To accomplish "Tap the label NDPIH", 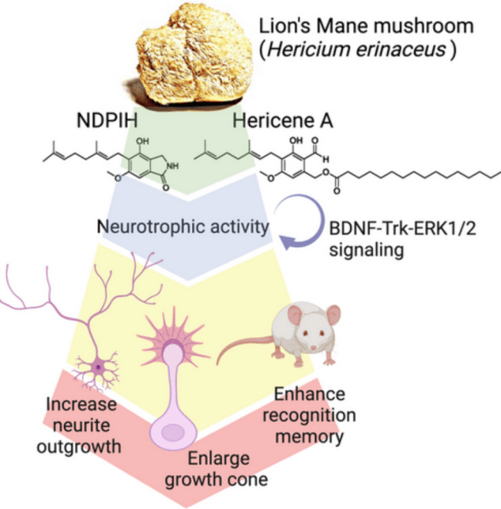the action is click(107, 120).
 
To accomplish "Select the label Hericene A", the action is click(283, 120).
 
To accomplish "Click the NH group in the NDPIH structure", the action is click(172, 166).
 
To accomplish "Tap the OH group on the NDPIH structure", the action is click(142, 141).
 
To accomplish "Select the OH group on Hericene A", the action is click(296, 141).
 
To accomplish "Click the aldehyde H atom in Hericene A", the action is click(326, 160).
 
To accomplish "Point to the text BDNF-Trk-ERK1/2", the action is click(402, 229).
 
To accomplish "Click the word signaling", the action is click(367, 251).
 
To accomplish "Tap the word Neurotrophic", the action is click(152, 226).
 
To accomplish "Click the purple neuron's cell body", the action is click(98, 368).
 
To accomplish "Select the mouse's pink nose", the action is click(314, 348).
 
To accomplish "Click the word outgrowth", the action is click(79, 447).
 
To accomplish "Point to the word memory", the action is click(309, 436).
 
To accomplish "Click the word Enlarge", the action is click(219, 459).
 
